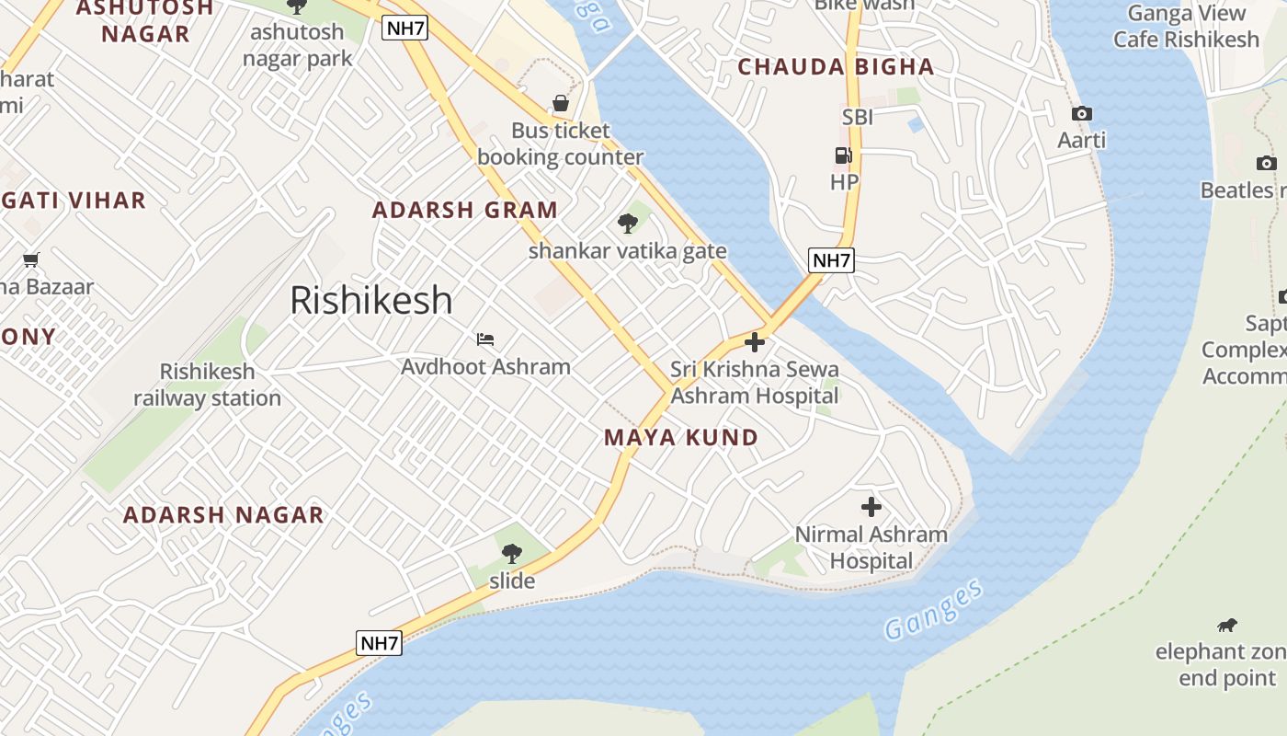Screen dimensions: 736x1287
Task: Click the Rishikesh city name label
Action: click(371, 301)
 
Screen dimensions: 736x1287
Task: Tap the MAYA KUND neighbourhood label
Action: click(681, 438)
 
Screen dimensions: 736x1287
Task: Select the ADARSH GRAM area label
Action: click(464, 210)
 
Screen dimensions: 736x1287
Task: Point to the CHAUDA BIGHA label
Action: click(836, 67)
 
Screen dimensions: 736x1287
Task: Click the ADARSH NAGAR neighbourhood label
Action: click(223, 515)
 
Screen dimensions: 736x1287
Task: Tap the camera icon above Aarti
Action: click(1082, 114)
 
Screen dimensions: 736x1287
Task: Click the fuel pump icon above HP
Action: click(843, 155)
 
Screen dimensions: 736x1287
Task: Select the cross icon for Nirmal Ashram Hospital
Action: click(871, 507)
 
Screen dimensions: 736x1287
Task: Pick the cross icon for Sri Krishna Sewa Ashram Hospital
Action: click(755, 343)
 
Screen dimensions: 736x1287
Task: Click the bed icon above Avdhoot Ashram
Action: click(485, 339)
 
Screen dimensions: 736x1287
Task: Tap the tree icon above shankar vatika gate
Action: click(628, 223)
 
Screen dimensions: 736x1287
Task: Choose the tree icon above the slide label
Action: click(512, 554)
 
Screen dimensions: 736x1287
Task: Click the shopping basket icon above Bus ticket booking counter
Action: click(560, 103)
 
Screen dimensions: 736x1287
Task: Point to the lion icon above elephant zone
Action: click(1226, 626)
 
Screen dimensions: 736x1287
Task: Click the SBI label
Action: click(857, 117)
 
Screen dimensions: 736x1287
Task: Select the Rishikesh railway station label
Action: click(208, 385)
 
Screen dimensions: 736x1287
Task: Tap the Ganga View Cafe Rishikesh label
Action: click(1186, 27)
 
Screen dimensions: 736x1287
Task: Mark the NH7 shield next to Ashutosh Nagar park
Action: click(405, 28)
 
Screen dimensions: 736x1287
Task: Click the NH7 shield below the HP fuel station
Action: click(831, 260)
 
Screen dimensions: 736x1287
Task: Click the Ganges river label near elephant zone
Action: click(933, 610)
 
